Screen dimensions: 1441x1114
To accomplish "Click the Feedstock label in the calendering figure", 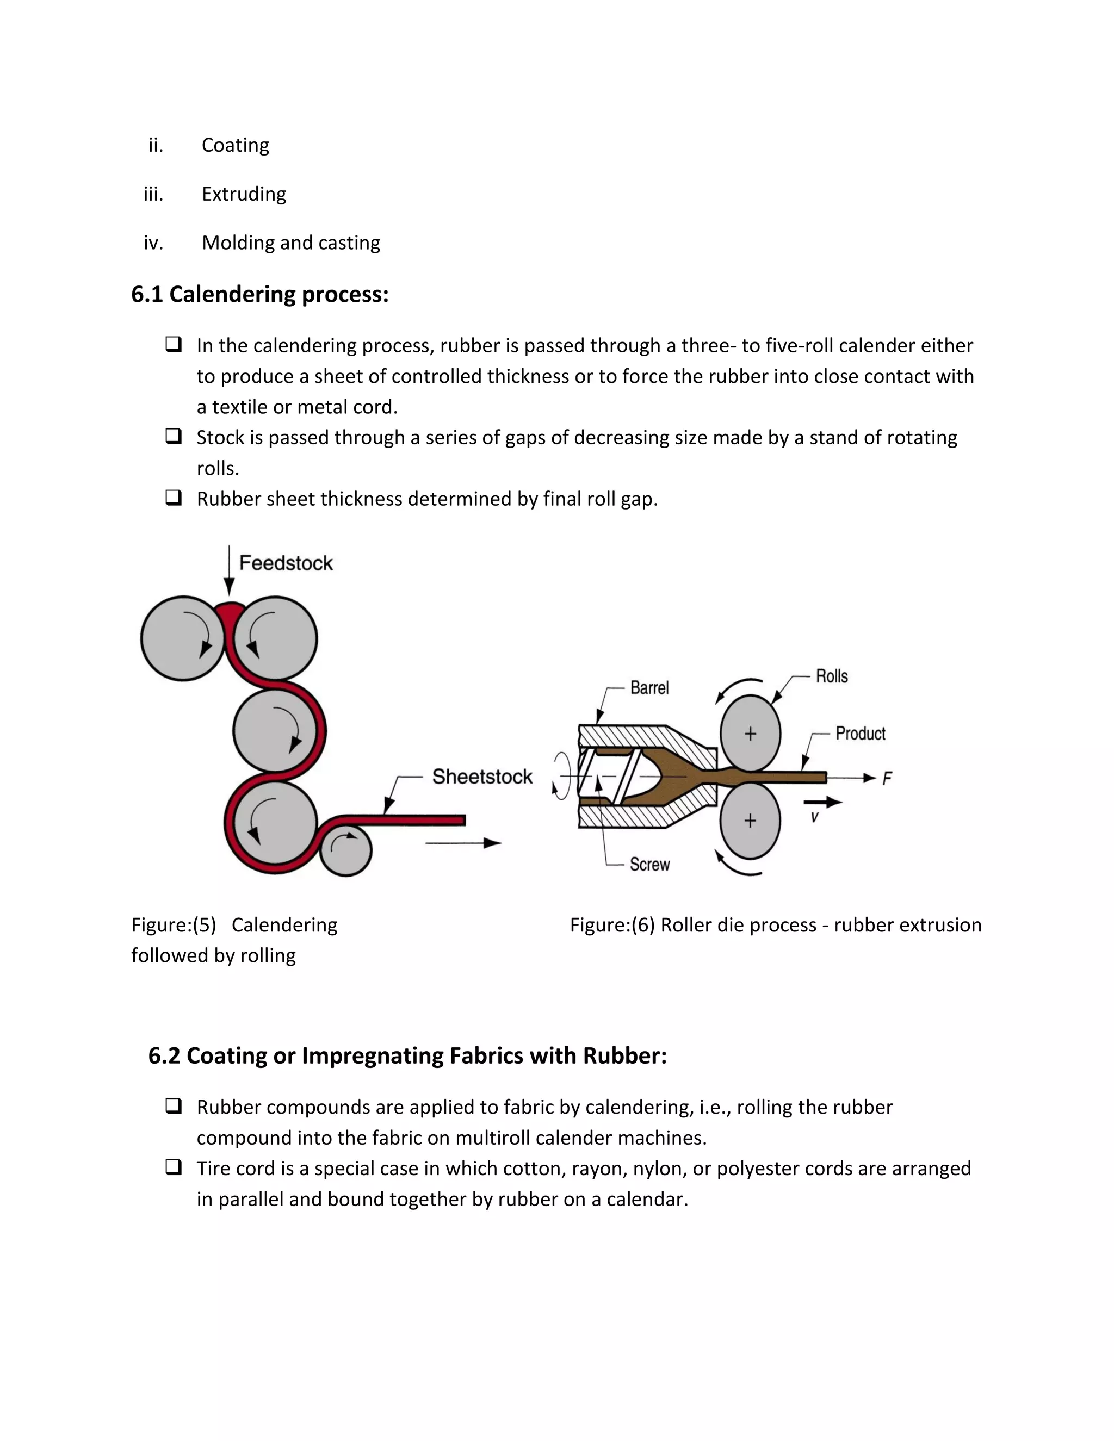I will [x=285, y=563].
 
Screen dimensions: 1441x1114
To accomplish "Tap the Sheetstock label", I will [x=482, y=777].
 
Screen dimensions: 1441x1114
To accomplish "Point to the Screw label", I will [x=649, y=865].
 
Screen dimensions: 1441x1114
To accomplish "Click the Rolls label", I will [x=832, y=676].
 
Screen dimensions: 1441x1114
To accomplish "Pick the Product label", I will [x=860, y=734].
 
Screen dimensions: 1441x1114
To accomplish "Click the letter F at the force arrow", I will [x=887, y=779].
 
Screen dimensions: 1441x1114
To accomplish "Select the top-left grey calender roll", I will [x=183, y=638].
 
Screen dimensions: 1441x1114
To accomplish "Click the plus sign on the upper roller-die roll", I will [x=750, y=734].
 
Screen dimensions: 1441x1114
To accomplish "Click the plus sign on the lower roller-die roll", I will [x=750, y=821].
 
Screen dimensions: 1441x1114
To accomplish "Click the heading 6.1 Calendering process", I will [x=260, y=294].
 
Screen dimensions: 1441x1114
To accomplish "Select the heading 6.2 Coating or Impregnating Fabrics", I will [x=407, y=1055].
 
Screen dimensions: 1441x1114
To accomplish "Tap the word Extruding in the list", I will [x=244, y=194].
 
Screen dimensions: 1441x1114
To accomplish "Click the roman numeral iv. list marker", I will [x=153, y=243].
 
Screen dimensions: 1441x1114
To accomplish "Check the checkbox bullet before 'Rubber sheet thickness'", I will [x=174, y=498].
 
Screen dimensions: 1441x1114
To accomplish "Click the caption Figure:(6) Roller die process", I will [x=776, y=925].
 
